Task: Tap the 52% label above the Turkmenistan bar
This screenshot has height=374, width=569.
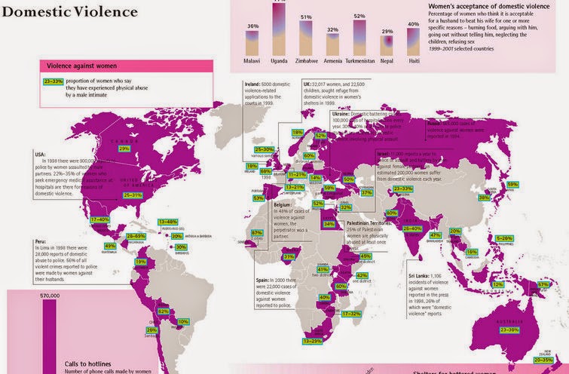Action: coord(359,16)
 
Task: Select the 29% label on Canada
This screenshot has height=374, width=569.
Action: coord(125,149)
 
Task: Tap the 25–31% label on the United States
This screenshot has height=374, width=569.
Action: coord(133,195)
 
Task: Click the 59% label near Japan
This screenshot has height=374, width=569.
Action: coord(512,184)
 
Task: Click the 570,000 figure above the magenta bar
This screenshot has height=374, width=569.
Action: coord(50,296)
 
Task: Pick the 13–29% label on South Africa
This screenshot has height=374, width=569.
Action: coord(313,341)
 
